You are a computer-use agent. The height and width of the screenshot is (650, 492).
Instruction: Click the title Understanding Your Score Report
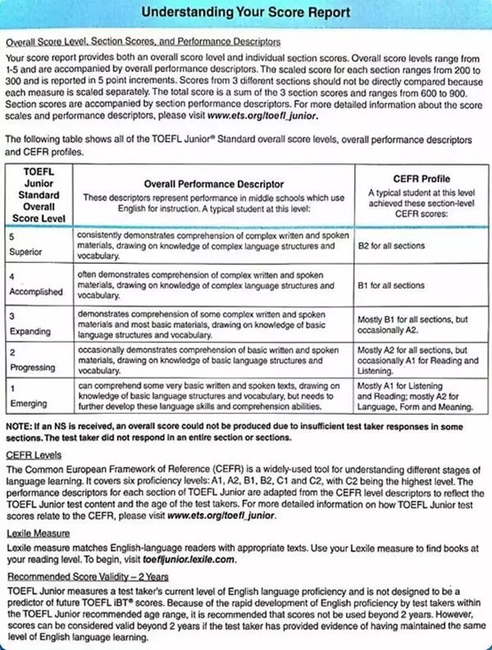coord(245,12)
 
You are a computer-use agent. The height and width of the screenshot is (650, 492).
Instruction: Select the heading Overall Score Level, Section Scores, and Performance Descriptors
coord(143,41)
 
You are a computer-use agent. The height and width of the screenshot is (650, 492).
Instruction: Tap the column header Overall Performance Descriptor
coord(213,184)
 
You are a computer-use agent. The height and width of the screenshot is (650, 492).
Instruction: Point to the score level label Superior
coord(25,252)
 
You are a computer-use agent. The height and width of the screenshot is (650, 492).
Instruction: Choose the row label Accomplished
coord(35,291)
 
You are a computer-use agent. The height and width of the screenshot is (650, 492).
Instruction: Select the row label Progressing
coord(31,368)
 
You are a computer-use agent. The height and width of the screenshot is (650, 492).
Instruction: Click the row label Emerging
coord(28,403)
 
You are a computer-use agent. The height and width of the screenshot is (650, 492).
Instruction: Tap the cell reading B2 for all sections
coord(391,244)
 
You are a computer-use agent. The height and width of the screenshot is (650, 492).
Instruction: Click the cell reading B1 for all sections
coord(391,285)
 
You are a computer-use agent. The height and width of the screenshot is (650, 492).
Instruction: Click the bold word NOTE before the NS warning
coord(18,427)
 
